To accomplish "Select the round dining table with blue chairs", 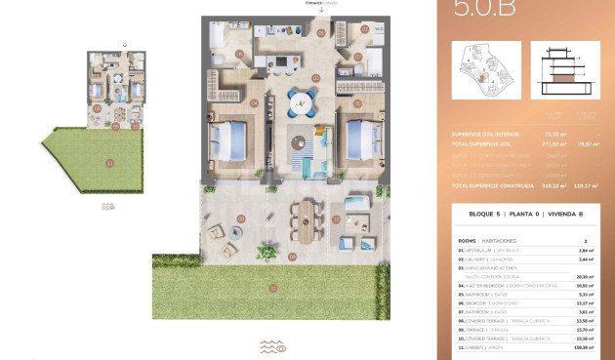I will (301, 101).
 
